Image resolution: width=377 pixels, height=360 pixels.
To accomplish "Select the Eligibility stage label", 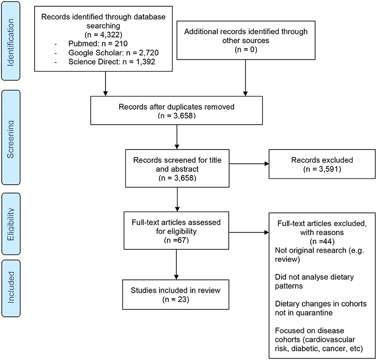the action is click(11, 224).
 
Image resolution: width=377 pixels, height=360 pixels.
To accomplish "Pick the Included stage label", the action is click(11, 288).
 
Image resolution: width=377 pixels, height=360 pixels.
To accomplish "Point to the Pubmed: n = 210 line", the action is click(98, 44).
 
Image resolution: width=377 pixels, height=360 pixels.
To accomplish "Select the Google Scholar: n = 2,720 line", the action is click(114, 53).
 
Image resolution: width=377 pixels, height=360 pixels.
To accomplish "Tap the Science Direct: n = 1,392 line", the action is click(111, 62).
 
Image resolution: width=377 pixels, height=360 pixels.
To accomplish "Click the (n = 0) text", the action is click(246, 50).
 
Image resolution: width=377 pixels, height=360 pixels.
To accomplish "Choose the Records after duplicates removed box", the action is click(176, 110).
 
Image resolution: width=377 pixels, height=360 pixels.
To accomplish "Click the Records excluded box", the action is click(322, 164).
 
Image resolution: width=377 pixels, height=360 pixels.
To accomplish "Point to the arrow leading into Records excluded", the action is click(249, 164).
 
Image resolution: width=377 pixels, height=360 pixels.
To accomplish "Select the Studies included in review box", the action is click(176, 295).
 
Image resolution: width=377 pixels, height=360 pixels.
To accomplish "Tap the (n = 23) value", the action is click(176, 299).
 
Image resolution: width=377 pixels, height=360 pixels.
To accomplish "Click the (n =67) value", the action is click(176, 240).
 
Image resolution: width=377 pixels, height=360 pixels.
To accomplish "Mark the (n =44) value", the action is click(322, 241).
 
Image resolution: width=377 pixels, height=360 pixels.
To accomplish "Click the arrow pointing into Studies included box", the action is click(176, 265).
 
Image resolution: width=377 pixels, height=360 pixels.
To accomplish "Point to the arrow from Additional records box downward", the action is click(246, 78).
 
